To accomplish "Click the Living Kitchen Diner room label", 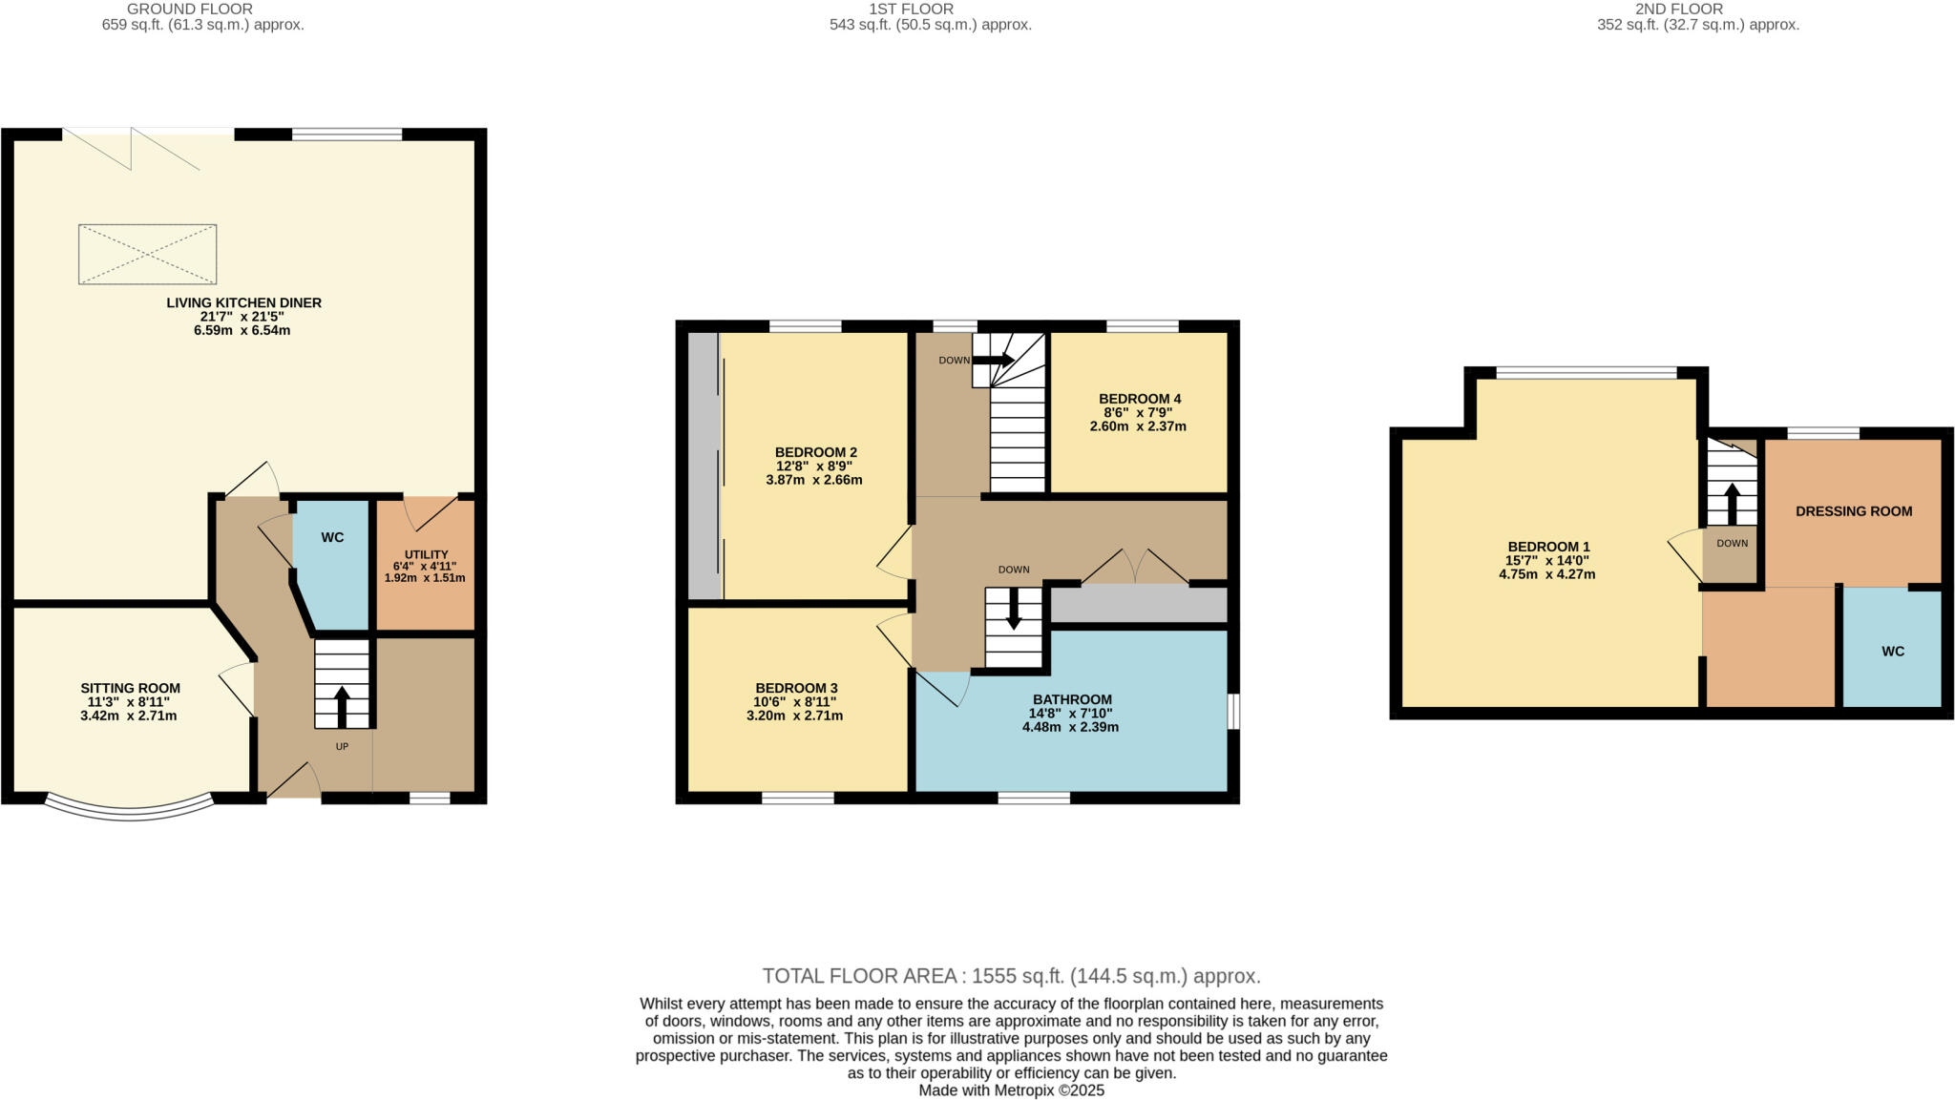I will (x=243, y=302).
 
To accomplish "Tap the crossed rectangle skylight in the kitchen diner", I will (x=147, y=254).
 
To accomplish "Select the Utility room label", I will (x=426, y=554).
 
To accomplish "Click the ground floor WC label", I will (x=331, y=538).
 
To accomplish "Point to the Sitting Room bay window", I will (x=130, y=810).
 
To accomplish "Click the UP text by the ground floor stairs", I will (x=342, y=746).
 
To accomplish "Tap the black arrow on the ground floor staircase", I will (x=342, y=706).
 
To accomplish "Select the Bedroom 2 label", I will (x=815, y=452).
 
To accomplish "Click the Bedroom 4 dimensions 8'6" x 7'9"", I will (x=1138, y=412).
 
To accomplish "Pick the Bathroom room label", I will (x=1072, y=699).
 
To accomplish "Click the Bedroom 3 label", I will (x=796, y=688).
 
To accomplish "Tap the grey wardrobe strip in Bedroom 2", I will (x=704, y=466).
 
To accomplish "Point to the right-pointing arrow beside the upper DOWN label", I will (x=993, y=360).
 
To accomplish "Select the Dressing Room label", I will (x=1853, y=511).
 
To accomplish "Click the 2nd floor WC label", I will (x=1892, y=652).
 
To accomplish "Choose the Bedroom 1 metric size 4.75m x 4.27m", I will (x=1546, y=574).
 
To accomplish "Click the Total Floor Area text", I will (x=1011, y=975).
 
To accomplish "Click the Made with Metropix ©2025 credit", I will (x=1011, y=1090).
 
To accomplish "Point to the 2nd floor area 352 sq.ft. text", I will (x=1697, y=25).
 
